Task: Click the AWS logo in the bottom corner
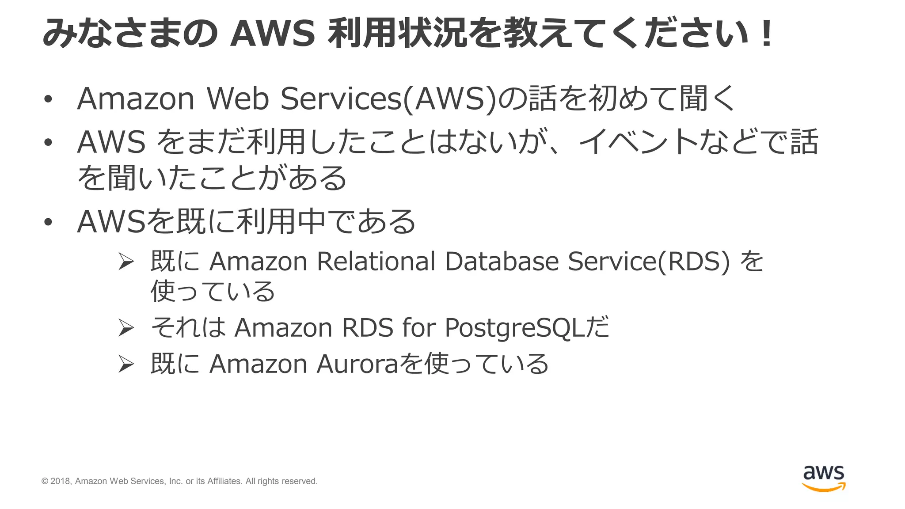coord(824,478)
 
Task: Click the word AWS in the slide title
coord(273,34)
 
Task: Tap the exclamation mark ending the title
coord(767,34)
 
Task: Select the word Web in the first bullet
coord(238,98)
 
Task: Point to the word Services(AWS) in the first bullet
coord(389,98)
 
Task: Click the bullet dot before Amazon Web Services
coord(48,99)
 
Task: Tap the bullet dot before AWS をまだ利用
coord(48,143)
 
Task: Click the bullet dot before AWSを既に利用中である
coord(48,222)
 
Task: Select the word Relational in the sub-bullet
coord(376,261)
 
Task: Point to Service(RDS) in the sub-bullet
coord(648,261)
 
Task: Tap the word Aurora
coord(357,364)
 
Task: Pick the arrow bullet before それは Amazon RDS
coord(126,328)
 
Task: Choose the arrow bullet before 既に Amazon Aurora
coord(126,365)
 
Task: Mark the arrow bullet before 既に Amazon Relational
coord(126,262)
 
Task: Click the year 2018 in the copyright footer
coord(61,481)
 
